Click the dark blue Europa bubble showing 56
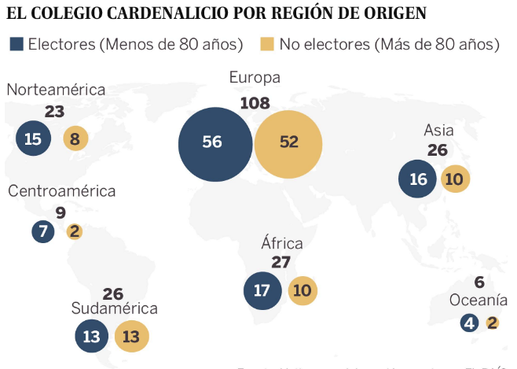212,142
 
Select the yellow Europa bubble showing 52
288,142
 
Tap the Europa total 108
255,102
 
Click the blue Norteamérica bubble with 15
33,139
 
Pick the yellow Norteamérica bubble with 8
75,139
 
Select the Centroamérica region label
62,191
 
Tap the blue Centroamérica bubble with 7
43,231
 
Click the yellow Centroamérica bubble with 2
75,231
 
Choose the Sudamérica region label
114,308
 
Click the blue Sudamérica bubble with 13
92,338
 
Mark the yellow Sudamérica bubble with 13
131,338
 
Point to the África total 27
280,262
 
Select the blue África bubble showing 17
262,290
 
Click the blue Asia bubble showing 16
418,179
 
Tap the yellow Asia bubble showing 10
455,179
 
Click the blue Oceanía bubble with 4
470,323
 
